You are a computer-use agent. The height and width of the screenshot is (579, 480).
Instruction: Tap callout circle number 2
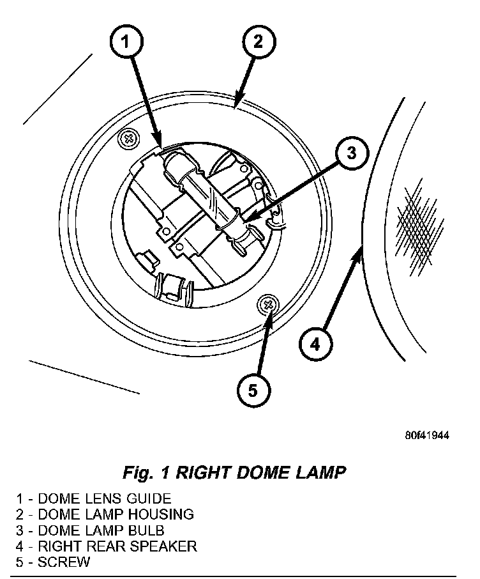click(x=257, y=42)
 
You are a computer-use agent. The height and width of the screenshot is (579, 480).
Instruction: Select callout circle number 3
click(x=352, y=153)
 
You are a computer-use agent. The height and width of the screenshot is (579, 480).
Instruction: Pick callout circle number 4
click(x=315, y=346)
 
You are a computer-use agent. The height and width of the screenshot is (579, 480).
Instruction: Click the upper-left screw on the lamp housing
click(x=130, y=137)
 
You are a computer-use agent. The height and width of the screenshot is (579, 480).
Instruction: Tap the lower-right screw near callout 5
click(x=268, y=304)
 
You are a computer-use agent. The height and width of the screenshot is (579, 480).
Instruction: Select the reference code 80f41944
click(x=427, y=436)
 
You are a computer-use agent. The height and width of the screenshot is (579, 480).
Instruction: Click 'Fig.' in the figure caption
click(x=137, y=473)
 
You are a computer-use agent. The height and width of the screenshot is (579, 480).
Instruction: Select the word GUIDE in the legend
click(x=148, y=498)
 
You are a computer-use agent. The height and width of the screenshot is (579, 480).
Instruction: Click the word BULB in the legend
click(x=147, y=530)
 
